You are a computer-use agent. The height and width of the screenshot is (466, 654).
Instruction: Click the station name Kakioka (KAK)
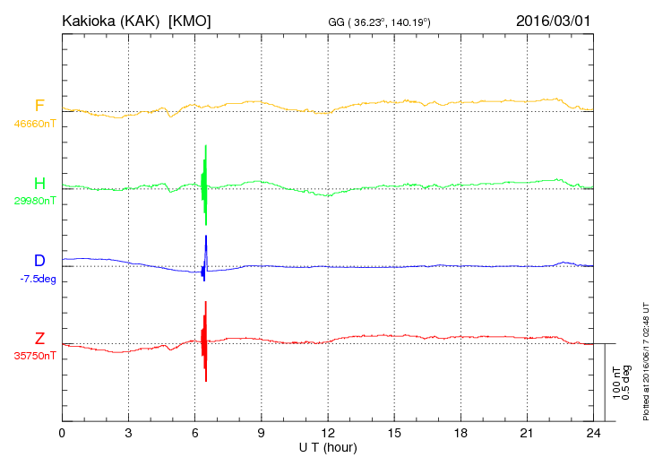pyautogui.click(x=111, y=21)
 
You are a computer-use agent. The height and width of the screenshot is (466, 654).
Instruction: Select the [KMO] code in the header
pyautogui.click(x=189, y=21)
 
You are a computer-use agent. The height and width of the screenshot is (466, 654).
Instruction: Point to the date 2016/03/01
pyautogui.click(x=553, y=21)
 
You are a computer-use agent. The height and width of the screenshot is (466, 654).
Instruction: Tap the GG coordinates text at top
pyautogui.click(x=379, y=22)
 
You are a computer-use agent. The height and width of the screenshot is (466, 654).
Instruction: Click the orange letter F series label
pyautogui.click(x=39, y=106)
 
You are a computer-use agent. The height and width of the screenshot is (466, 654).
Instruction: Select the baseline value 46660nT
pyautogui.click(x=35, y=124)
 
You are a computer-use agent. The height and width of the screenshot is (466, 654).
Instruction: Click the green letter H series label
pyautogui.click(x=39, y=183)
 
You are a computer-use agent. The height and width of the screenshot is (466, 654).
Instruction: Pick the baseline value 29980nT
pyautogui.click(x=35, y=201)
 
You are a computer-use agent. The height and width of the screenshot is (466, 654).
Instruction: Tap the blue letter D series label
pyautogui.click(x=39, y=260)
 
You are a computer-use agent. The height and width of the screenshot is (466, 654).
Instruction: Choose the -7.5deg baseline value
pyautogui.click(x=38, y=279)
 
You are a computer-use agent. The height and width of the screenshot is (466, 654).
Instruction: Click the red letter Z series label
pyautogui.click(x=39, y=338)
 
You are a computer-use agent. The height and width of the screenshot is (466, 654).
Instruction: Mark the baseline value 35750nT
pyautogui.click(x=35, y=356)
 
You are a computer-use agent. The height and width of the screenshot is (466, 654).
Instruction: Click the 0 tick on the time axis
pyautogui.click(x=62, y=433)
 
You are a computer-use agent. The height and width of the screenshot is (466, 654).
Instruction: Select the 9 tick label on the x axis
pyautogui.click(x=261, y=433)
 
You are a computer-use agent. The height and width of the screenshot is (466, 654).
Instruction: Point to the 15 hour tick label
pyautogui.click(x=394, y=433)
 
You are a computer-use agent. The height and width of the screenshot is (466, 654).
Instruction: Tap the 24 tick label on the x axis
pyautogui.click(x=593, y=433)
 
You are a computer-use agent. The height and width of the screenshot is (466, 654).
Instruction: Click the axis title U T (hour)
pyautogui.click(x=328, y=448)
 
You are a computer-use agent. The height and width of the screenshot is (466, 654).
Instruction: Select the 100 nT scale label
pyautogui.click(x=616, y=383)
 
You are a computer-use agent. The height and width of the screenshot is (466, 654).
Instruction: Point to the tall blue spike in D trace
pyautogui.click(x=206, y=254)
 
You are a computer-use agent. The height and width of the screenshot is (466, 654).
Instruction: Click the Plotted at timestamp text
pyautogui.click(x=646, y=361)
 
